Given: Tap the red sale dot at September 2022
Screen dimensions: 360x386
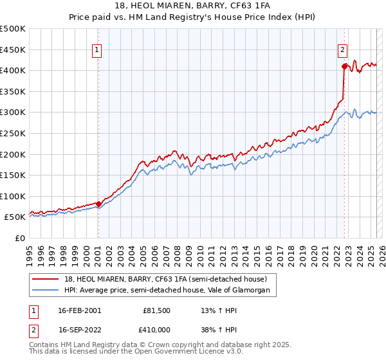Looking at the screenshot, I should point(344,66).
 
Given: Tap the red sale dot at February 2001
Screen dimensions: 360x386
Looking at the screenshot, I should point(98,204).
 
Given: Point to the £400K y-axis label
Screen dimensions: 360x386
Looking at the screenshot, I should point(13,70).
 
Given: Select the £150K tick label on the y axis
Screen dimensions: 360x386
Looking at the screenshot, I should point(13,175).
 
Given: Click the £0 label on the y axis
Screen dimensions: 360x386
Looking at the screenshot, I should point(20,238).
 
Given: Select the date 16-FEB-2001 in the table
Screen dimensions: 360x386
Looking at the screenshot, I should point(80,310).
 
